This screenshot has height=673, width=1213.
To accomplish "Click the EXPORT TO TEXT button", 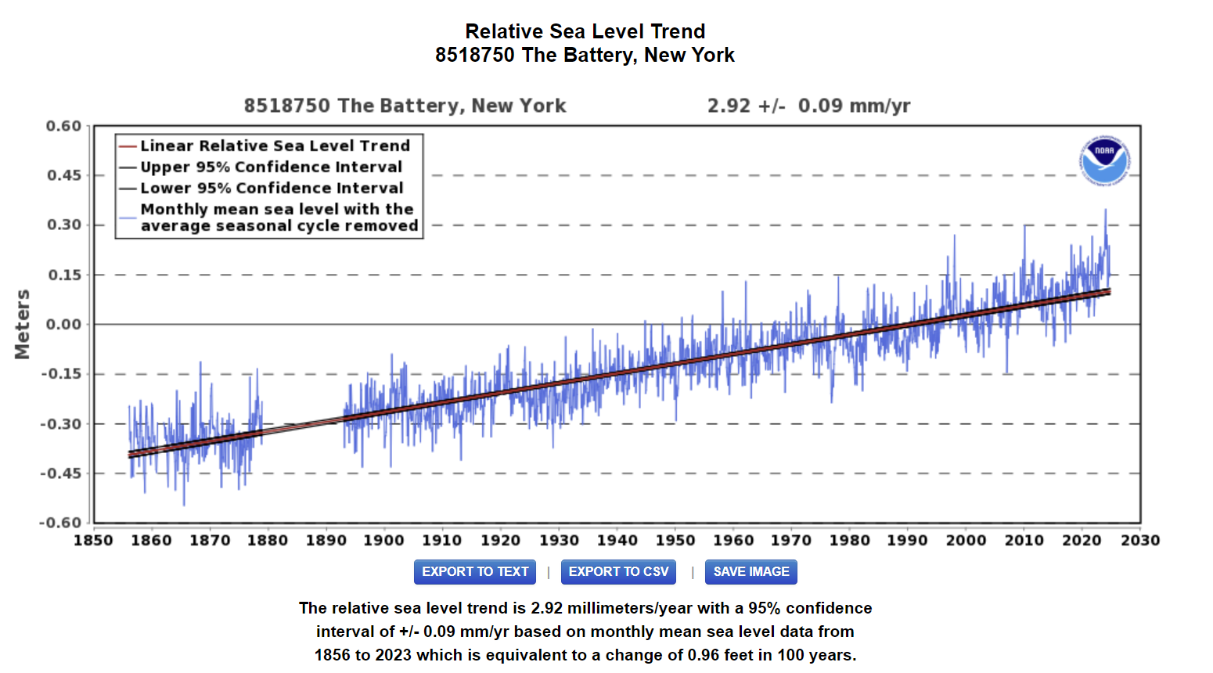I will tap(475, 572).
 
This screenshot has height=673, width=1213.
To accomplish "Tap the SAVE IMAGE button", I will tap(750, 572).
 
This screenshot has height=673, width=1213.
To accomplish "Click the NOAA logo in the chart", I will tap(1104, 160).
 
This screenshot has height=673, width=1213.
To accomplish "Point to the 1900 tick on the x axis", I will tap(383, 540).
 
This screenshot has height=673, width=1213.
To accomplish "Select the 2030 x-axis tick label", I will tap(1140, 540).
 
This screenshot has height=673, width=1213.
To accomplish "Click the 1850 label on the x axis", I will tap(93, 540).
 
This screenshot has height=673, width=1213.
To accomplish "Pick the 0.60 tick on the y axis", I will tap(63, 126).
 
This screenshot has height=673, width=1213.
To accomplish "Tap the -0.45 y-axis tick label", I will tap(61, 473).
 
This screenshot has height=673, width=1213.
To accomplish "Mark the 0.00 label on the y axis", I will tap(63, 324).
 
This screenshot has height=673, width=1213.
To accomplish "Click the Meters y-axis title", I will tap(23, 324).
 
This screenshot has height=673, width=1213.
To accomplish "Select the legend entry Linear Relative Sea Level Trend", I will tap(275, 146).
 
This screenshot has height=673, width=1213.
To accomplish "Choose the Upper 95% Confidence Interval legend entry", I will tap(271, 167).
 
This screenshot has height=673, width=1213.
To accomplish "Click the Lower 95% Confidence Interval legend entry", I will tap(272, 189).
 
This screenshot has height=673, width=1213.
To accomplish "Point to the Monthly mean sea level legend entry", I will tap(279, 218).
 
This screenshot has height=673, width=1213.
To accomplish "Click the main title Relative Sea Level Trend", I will tap(585, 31).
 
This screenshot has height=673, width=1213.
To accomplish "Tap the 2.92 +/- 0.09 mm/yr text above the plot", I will tap(808, 106).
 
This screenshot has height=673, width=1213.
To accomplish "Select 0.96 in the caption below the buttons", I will tap(703, 655).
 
